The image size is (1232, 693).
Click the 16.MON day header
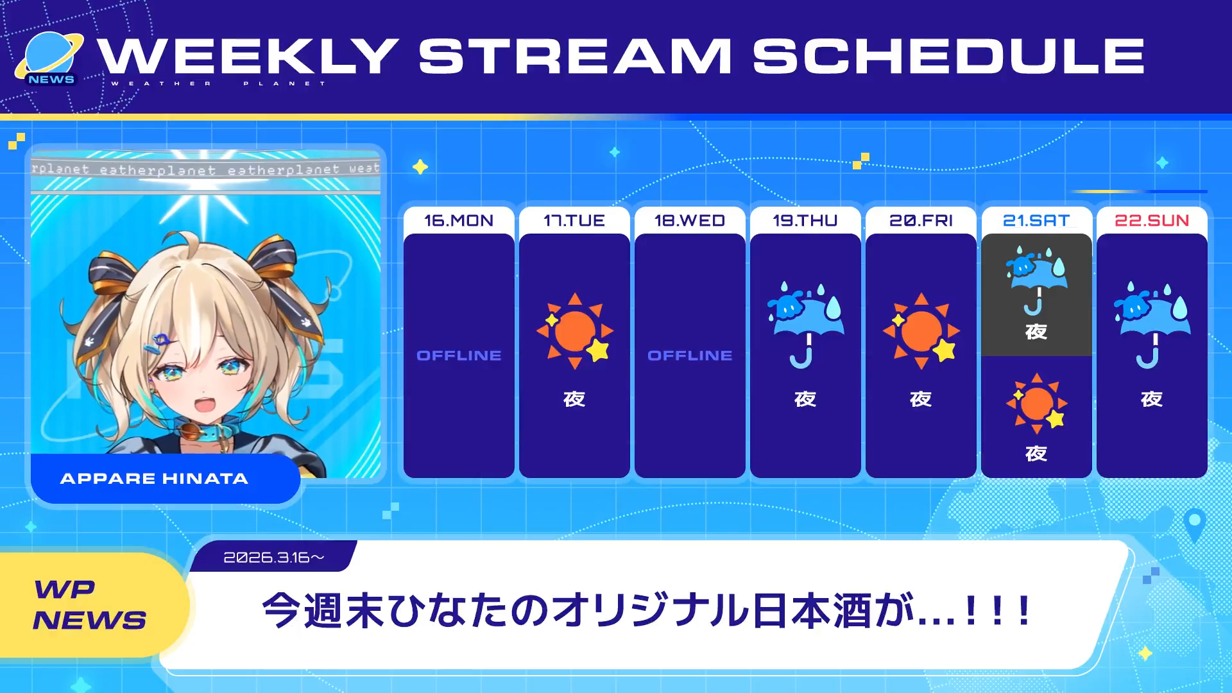(x=459, y=221)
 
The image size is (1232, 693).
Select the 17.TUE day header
(x=574, y=221)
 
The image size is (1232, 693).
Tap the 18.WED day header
(x=690, y=221)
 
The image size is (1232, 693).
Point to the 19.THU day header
(x=805, y=221)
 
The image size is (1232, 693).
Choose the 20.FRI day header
(x=921, y=221)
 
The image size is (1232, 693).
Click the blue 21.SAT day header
(x=1036, y=221)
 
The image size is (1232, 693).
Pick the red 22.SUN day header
(x=1152, y=221)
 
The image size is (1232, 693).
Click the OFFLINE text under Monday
(x=459, y=355)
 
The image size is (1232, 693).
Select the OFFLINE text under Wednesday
(x=690, y=355)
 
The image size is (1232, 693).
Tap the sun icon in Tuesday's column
(x=576, y=331)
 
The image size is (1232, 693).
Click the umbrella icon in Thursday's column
(x=806, y=325)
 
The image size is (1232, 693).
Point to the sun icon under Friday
(x=922, y=331)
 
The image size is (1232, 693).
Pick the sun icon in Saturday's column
(x=1037, y=404)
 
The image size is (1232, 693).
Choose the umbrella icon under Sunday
(x=1152, y=325)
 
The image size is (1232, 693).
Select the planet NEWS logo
(x=50, y=60)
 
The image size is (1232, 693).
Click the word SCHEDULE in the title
(x=948, y=56)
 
